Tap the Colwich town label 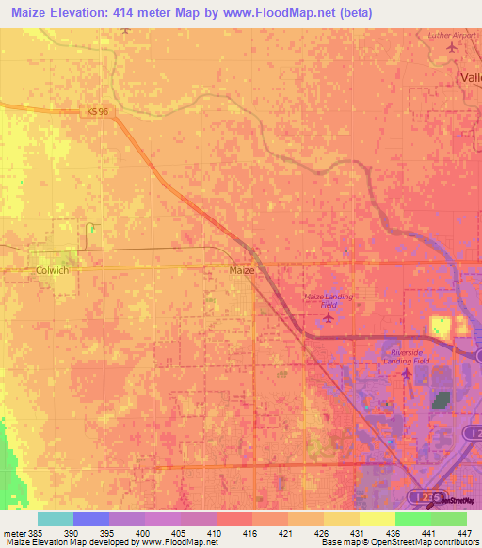pos(53,270)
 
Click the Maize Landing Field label pos(329,300)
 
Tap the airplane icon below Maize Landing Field pos(328,316)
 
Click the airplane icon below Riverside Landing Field pos(407,375)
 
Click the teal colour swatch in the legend pos(55,519)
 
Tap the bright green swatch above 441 pos(412,519)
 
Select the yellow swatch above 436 pos(377,519)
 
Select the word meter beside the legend pos(16,533)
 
